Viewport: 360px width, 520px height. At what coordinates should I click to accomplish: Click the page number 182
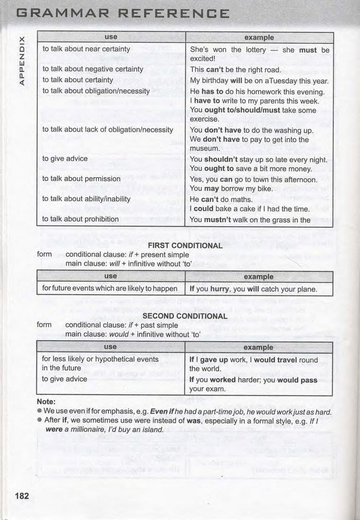click(x=22, y=496)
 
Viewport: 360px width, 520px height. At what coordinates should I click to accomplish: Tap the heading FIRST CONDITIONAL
click(x=185, y=245)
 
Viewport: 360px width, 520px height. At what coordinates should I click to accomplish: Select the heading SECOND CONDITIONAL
click(x=185, y=316)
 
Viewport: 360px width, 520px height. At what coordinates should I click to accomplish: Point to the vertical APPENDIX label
click(x=22, y=60)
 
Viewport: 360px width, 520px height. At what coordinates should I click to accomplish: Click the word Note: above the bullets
click(x=46, y=402)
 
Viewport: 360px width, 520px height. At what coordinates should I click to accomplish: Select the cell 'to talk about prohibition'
click(x=81, y=219)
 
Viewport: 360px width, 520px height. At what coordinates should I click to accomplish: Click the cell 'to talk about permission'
click(x=81, y=179)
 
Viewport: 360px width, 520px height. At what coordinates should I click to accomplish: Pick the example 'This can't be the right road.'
click(x=236, y=69)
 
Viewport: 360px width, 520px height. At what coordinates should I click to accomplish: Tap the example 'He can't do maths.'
click(x=221, y=199)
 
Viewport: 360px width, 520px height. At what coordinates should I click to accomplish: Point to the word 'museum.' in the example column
click(x=205, y=149)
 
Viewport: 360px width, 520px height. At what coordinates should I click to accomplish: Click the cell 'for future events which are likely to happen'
click(x=110, y=289)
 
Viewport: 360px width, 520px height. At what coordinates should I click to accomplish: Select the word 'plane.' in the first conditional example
click(x=307, y=289)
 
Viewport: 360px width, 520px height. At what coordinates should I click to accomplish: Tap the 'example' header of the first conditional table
click(x=259, y=277)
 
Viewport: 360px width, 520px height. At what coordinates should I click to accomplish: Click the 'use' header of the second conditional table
click(x=111, y=347)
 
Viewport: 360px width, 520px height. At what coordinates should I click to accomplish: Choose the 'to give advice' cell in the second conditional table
click(x=65, y=379)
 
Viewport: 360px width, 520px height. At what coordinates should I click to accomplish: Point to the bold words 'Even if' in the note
click(x=164, y=411)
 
